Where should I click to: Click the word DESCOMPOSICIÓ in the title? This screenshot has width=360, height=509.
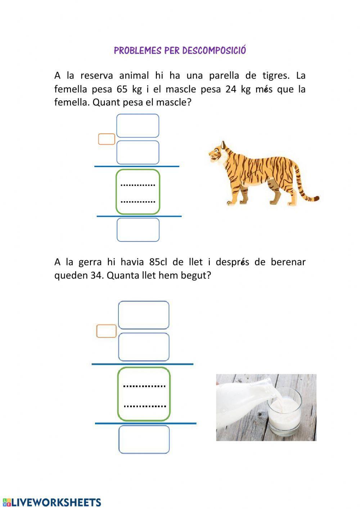pos(214,50)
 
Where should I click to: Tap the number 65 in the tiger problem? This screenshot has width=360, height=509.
pos(123,89)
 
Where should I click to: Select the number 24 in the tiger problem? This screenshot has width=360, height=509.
pos(231,89)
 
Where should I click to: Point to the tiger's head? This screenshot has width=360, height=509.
pos(217,153)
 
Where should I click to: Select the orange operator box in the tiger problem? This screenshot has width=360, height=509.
pos(107,139)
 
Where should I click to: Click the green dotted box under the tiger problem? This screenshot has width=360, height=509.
pos(138,192)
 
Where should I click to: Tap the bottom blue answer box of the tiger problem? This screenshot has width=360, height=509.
pos(138,230)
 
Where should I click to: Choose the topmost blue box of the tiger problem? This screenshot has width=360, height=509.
pos(138,126)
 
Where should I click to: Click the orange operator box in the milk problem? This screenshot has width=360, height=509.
pos(107,331)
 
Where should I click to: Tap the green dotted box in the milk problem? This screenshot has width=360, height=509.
pos(144,394)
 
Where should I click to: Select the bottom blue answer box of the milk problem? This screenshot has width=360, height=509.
pos(144,439)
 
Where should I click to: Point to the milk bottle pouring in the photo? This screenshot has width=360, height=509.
pos(245,396)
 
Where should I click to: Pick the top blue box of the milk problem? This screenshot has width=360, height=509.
pos(144,315)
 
